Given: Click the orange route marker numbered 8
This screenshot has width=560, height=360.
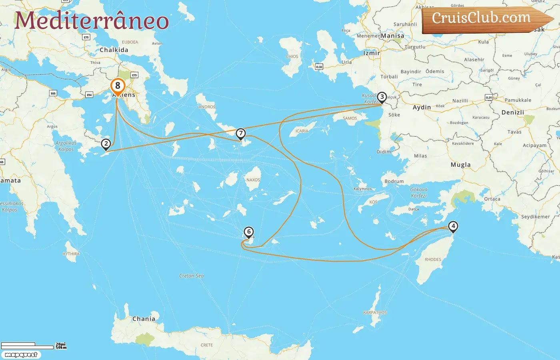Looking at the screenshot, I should (x=118, y=86).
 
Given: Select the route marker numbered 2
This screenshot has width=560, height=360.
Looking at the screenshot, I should (x=106, y=144).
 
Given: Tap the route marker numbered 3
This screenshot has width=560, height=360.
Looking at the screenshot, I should (x=382, y=97).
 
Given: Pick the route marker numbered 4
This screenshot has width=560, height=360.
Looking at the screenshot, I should (x=453, y=226).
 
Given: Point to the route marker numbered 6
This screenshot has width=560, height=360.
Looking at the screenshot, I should (x=249, y=232).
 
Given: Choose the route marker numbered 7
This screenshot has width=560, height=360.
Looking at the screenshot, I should (x=240, y=134).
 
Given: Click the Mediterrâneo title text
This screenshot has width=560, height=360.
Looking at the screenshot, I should (x=92, y=20).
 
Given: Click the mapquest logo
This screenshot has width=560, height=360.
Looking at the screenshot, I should (x=21, y=355).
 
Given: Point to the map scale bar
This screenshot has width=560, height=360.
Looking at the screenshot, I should (x=27, y=346).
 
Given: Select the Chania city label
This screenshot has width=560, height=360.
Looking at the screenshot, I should (x=144, y=319).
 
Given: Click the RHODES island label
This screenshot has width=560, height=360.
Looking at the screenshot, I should (x=433, y=260).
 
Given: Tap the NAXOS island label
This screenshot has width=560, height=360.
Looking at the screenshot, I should (x=253, y=180).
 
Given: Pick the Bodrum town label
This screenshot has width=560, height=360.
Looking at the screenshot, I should (x=394, y=181).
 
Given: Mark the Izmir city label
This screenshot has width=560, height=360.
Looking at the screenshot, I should (x=371, y=53).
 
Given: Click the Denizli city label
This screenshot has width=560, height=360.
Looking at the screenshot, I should (x=512, y=112).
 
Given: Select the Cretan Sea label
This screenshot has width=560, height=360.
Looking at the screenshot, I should (x=191, y=276).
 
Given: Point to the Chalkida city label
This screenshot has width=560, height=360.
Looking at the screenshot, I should (x=114, y=50).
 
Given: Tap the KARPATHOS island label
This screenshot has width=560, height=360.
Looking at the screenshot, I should (x=375, y=312).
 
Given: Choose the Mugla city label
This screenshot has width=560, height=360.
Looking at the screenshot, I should (x=460, y=165).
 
